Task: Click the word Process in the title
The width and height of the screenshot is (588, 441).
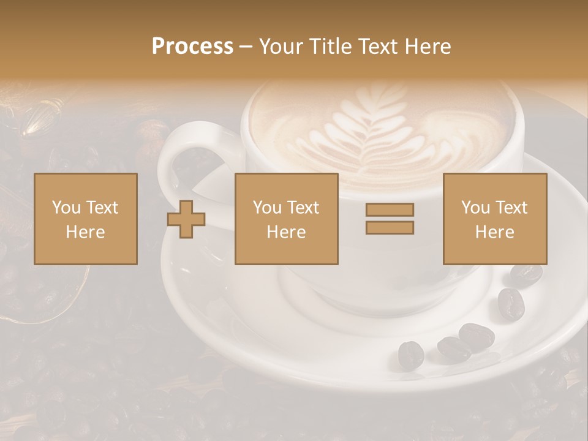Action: click(x=192, y=47)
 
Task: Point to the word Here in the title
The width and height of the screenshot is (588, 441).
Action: click(x=426, y=47)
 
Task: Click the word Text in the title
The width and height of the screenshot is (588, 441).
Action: click(x=375, y=47)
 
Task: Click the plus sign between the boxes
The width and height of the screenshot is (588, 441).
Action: click(x=186, y=219)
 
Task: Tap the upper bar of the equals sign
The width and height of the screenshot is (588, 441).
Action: click(x=390, y=210)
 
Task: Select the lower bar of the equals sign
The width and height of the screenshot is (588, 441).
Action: click(x=390, y=228)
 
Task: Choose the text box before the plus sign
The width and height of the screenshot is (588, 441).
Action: click(x=85, y=219)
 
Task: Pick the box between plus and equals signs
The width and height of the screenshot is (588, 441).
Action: click(x=286, y=219)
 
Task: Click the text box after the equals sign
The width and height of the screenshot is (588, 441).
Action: click(x=494, y=219)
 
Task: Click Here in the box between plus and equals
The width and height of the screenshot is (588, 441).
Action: click(x=286, y=232)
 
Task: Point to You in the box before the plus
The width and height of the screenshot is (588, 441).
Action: click(x=66, y=208)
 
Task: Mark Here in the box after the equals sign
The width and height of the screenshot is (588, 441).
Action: click(x=494, y=232)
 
